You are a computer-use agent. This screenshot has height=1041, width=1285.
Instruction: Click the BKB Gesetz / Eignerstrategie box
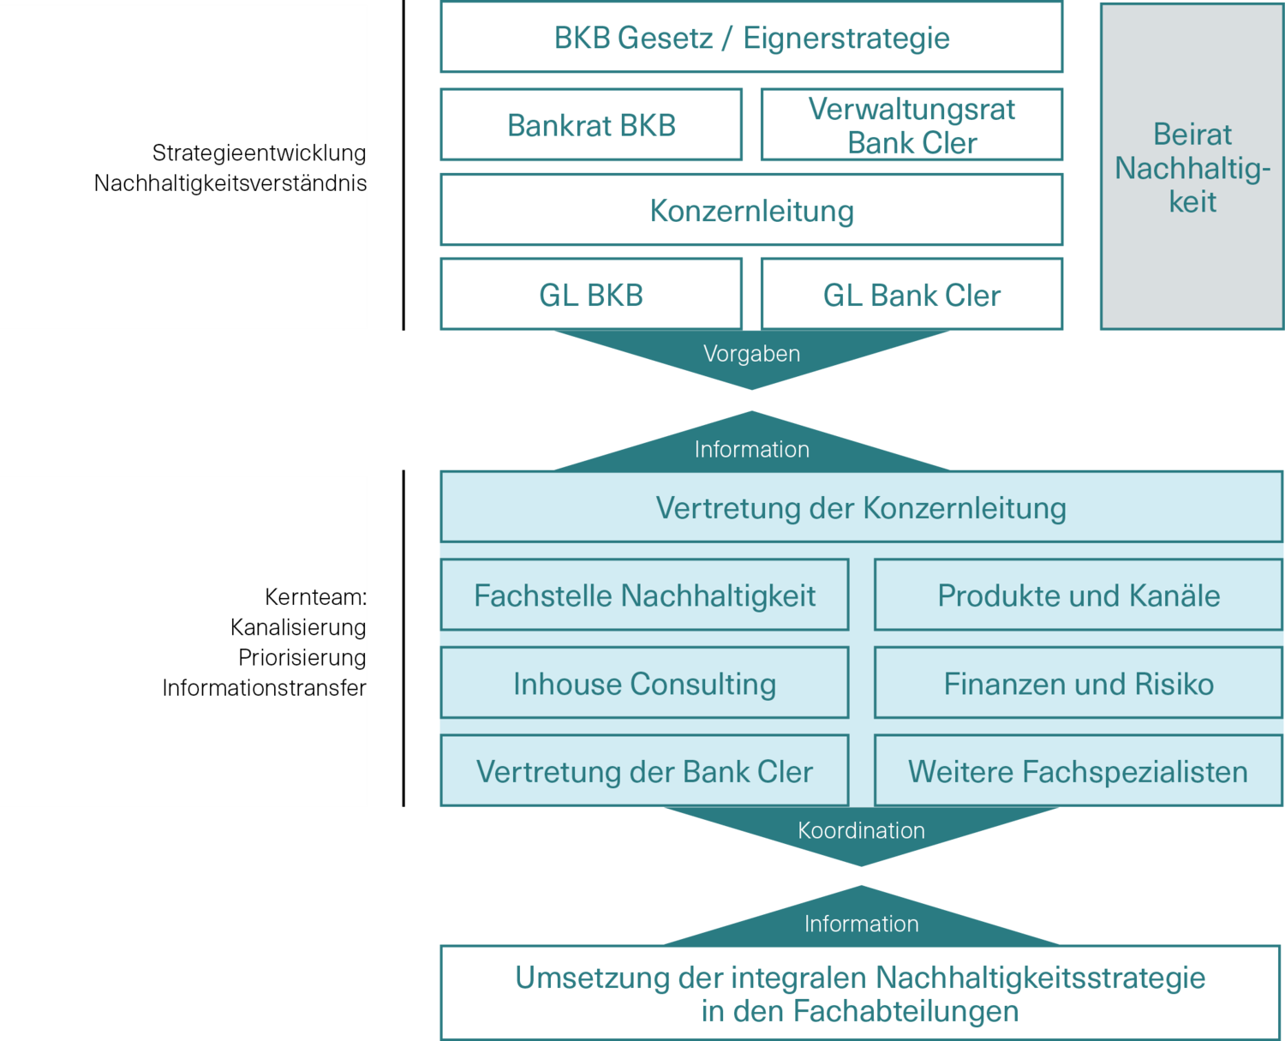tap(751, 38)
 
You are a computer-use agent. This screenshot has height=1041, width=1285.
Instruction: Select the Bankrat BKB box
tap(591, 125)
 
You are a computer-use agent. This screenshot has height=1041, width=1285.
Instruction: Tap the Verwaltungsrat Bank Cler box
tap(911, 125)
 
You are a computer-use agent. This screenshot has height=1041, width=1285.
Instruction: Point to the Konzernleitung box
tap(751, 210)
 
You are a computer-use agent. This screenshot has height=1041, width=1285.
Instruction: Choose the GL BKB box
tap(591, 295)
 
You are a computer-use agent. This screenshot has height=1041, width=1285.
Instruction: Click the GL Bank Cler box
tap(911, 295)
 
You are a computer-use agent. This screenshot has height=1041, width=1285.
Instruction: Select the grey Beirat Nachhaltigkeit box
tap(1192, 167)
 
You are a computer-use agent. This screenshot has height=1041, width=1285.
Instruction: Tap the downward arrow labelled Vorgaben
tap(751, 356)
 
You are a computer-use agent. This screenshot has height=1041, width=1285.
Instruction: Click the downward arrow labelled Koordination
tap(861, 832)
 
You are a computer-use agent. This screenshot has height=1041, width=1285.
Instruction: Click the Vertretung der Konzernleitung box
tap(861, 507)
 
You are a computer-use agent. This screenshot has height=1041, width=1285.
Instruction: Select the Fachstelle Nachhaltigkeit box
tap(644, 595)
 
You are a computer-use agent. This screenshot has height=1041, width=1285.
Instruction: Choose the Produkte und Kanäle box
tap(1078, 595)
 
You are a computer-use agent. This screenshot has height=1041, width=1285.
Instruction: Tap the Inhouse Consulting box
tap(644, 684)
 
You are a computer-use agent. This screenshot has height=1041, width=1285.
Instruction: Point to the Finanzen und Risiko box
tap(1078, 684)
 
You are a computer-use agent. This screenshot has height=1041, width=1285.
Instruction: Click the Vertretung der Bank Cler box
tap(644, 771)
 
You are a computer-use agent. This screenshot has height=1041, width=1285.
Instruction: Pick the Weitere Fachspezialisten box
tap(1078, 771)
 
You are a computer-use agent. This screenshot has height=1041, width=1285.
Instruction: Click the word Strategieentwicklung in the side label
tap(259, 153)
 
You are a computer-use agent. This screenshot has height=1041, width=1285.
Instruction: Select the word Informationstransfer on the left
tap(264, 688)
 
